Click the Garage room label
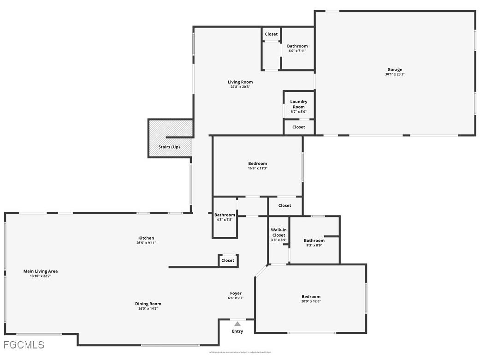pyautogui.click(x=395, y=70)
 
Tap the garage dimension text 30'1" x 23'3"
pyautogui.click(x=395, y=75)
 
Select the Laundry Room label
pyautogui.click(x=299, y=104)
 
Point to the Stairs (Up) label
pyautogui.click(x=169, y=147)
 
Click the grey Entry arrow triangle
pyautogui.click(x=237, y=324)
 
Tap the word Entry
pyautogui.click(x=237, y=331)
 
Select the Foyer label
pyautogui.click(x=236, y=294)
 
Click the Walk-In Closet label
pyautogui.click(x=279, y=233)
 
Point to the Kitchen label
pyautogui.click(x=146, y=238)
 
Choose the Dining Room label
pyautogui.click(x=148, y=304)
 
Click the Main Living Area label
pyautogui.click(x=41, y=271)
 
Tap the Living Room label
pyautogui.click(x=240, y=82)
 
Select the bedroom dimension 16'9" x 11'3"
pyautogui.click(x=257, y=168)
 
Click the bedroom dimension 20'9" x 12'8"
pyautogui.click(x=311, y=301)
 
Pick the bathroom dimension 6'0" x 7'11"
pyautogui.click(x=297, y=51)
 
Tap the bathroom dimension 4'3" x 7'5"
pyautogui.click(x=225, y=220)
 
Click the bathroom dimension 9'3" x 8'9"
pyautogui.click(x=314, y=246)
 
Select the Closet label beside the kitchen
pyautogui.click(x=228, y=260)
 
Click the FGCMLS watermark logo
pyautogui.click(x=24, y=345)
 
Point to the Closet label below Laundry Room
pyautogui.click(x=299, y=127)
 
